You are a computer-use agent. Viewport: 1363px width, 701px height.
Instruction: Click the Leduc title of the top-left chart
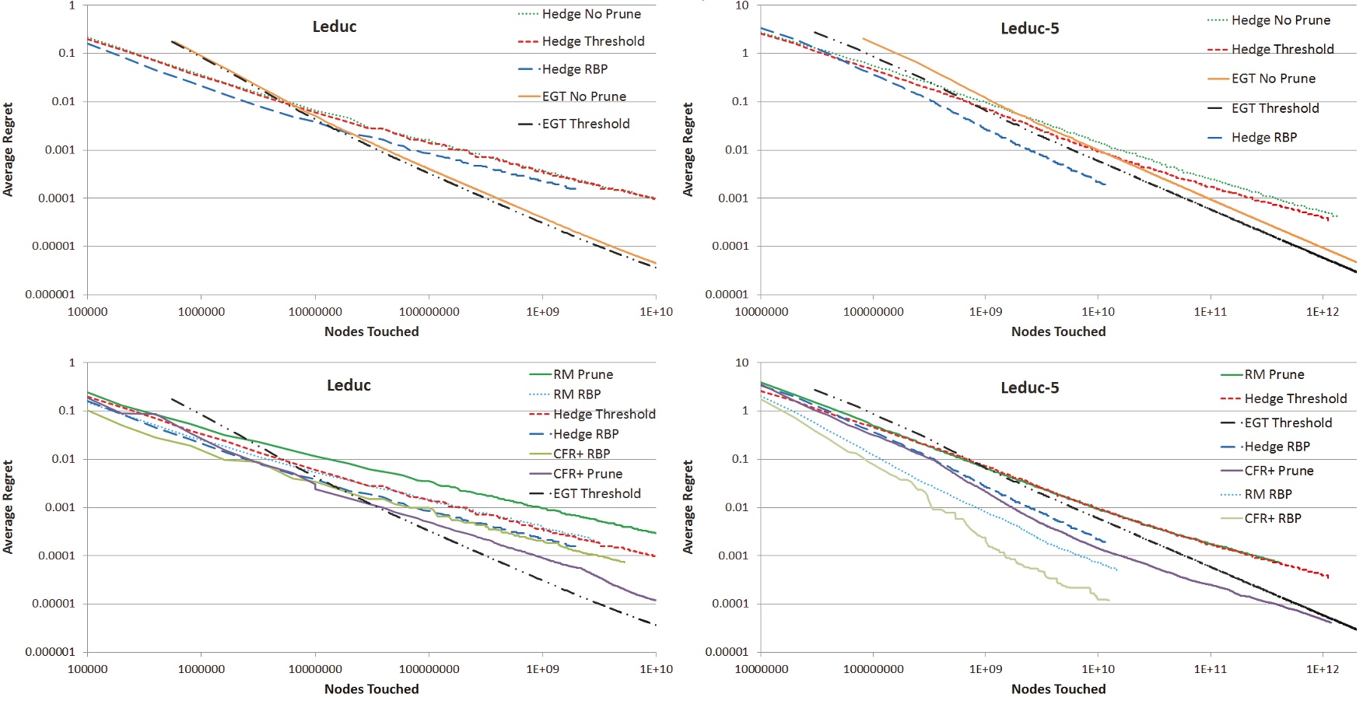click(x=335, y=26)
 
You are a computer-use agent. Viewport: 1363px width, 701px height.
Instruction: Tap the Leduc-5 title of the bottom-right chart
click(x=1029, y=387)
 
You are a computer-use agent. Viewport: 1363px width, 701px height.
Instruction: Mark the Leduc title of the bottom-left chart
click(x=349, y=385)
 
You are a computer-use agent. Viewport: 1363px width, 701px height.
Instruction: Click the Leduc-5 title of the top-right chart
click(x=1029, y=29)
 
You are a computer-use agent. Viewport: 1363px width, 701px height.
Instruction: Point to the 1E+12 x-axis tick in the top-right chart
click(x=1323, y=312)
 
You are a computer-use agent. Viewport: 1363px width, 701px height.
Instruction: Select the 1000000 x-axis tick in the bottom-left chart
click(x=201, y=669)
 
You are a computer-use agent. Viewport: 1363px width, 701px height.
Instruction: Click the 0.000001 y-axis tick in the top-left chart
click(x=50, y=295)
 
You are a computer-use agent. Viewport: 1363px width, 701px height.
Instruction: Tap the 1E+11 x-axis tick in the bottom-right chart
click(x=1210, y=669)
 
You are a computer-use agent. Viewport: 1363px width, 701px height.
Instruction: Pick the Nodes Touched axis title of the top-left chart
click(x=371, y=331)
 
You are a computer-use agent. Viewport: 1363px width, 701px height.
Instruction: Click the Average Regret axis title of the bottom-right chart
click(x=688, y=506)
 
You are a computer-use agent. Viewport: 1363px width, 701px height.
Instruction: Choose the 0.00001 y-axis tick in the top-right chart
click(x=727, y=295)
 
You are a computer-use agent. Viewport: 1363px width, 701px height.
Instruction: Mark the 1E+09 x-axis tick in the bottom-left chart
click(x=542, y=669)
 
